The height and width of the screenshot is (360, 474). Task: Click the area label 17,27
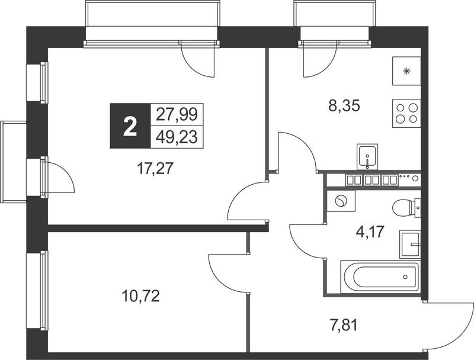[155, 169]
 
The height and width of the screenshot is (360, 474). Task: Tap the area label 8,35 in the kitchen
[344, 106]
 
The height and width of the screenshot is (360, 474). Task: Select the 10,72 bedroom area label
[140, 296]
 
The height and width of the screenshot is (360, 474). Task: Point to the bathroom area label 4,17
[369, 232]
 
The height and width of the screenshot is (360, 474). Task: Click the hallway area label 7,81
[342, 326]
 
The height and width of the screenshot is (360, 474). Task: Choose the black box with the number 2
[130, 126]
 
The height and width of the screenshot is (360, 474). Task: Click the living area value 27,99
[177, 114]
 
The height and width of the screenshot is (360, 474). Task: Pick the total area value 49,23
[177, 137]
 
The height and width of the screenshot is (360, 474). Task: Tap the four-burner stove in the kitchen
[406, 113]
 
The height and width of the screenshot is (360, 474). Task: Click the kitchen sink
[367, 156]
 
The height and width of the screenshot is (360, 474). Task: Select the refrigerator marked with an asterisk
[406, 71]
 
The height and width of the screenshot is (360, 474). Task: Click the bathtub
[380, 277]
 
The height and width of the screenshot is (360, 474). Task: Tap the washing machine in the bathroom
[341, 201]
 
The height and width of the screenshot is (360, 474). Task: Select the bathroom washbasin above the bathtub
[410, 245]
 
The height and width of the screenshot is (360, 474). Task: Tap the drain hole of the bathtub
[405, 277]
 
